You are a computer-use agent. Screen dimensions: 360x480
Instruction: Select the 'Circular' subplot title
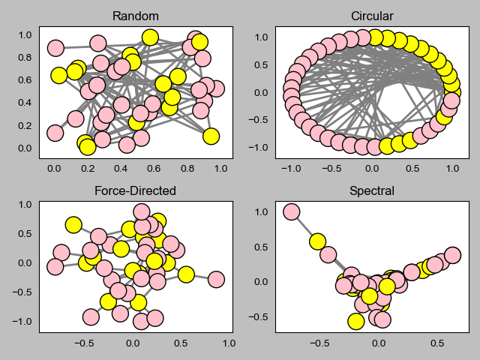click(372, 16)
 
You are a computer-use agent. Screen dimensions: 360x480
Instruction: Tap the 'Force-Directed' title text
click(135, 190)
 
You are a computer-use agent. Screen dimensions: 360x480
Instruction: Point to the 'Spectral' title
click(372, 190)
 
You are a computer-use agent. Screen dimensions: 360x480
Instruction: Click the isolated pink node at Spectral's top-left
click(292, 212)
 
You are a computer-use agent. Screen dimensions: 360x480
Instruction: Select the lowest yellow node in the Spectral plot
click(356, 321)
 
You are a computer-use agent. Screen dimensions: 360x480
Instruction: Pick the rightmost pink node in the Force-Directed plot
click(216, 279)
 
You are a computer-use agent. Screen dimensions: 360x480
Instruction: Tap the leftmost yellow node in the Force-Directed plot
click(73, 224)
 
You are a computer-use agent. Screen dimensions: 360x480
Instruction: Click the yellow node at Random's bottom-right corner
click(211, 136)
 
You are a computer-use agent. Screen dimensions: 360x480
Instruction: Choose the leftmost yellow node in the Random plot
click(58, 75)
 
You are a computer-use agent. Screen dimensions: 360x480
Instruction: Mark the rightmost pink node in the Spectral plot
click(452, 255)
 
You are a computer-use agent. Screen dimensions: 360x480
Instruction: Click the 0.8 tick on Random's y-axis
click(25, 57)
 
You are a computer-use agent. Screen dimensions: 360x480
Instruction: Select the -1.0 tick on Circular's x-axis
click(291, 170)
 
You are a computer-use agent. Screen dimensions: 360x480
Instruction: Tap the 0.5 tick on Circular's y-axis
click(262, 64)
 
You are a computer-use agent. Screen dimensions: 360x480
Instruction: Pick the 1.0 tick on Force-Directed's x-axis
click(229, 343)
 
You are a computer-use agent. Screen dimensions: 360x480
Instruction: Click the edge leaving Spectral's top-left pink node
click(304, 227)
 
